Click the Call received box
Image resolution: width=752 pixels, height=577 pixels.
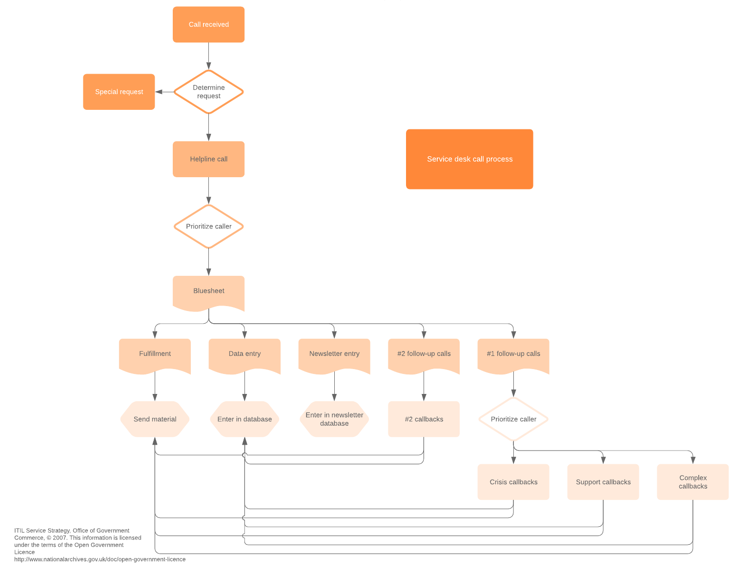pyautogui.click(x=208, y=24)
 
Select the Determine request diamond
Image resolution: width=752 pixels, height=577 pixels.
pyautogui.click(x=208, y=92)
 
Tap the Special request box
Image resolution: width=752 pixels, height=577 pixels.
pyautogui.click(x=119, y=92)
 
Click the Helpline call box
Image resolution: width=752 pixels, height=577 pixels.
pyautogui.click(x=208, y=159)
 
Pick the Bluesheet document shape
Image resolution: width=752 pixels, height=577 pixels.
pyautogui.click(x=208, y=291)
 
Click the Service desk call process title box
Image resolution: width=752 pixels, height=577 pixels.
pyautogui.click(x=469, y=159)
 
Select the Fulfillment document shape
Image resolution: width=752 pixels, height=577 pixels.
pyautogui.click(x=155, y=354)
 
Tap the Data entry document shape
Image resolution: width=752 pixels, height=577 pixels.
pyautogui.click(x=244, y=354)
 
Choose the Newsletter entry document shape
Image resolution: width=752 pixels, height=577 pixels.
pyautogui.click(x=334, y=354)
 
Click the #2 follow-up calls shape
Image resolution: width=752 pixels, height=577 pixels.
pyautogui.click(x=424, y=354)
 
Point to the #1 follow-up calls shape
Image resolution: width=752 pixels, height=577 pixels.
pyautogui.click(x=513, y=354)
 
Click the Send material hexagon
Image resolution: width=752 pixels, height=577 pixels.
pyautogui.click(x=155, y=419)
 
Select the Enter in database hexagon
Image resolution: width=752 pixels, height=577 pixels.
pyautogui.click(x=244, y=419)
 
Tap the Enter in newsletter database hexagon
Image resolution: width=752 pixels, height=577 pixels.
pyautogui.click(x=334, y=419)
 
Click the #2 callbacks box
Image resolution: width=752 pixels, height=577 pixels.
pyautogui.click(x=424, y=419)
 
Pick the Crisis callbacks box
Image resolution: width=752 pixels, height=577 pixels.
pyautogui.click(x=513, y=482)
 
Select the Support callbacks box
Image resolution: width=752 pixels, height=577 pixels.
pyautogui.click(x=603, y=482)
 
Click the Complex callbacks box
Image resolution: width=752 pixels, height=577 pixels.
pyautogui.click(x=692, y=482)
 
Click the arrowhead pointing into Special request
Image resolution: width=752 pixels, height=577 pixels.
pyautogui.click(x=159, y=92)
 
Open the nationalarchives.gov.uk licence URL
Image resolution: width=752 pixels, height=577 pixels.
pyautogui.click(x=100, y=559)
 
